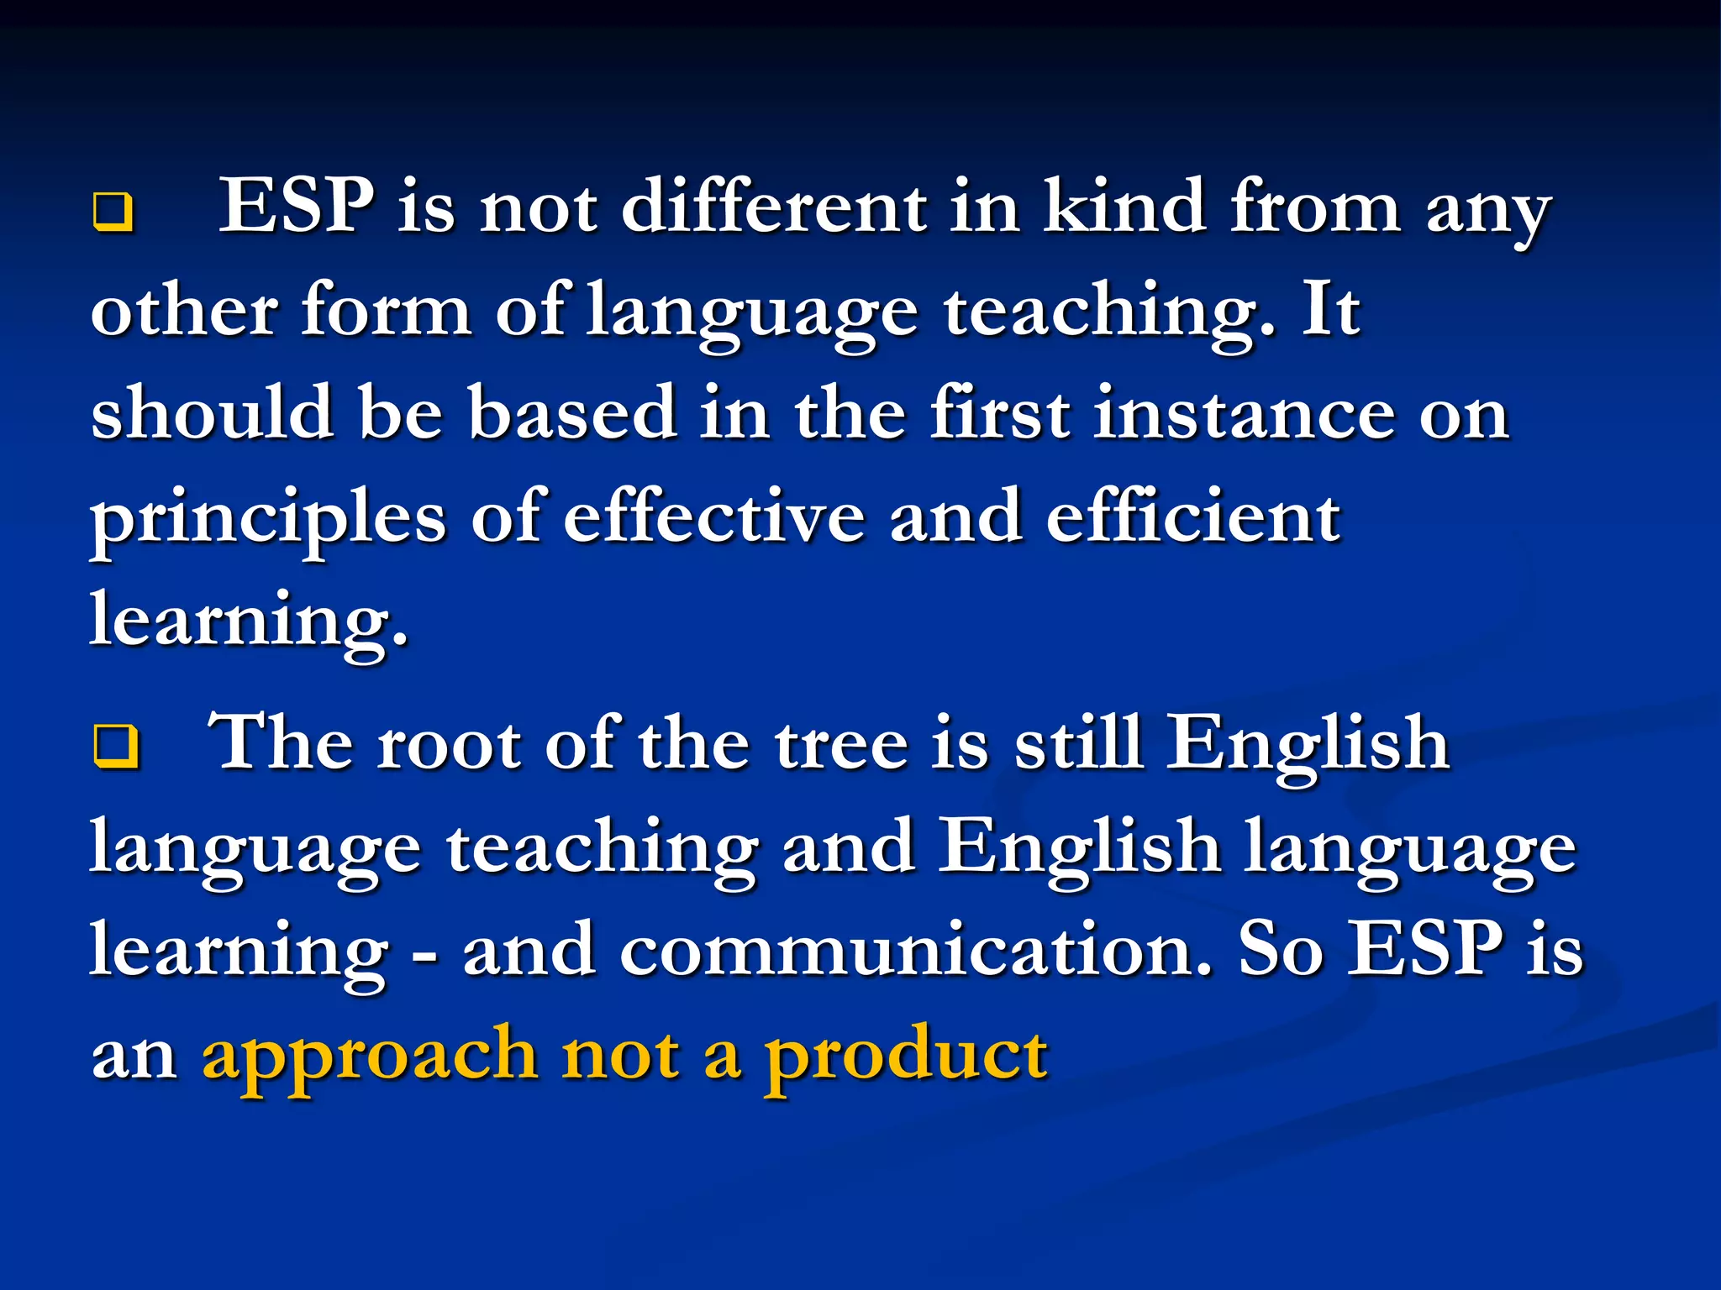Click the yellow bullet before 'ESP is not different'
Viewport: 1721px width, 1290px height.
(x=112, y=212)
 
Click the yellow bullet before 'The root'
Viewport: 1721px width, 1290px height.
(x=116, y=746)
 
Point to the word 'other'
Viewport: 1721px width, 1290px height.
(x=184, y=310)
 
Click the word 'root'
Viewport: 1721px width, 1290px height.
(x=449, y=744)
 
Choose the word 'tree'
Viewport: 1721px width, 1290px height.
(x=841, y=744)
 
